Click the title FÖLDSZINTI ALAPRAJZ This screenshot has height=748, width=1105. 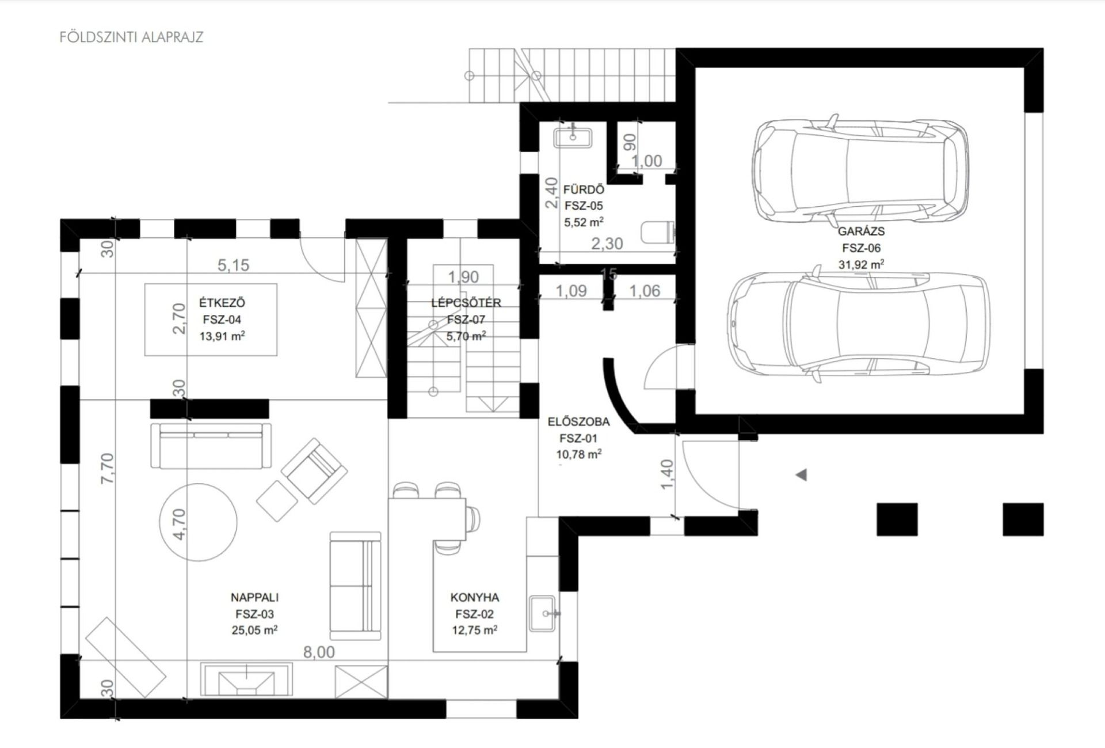click(x=131, y=37)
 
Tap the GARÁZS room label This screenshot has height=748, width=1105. click(x=861, y=231)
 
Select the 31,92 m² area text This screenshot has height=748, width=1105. click(x=861, y=264)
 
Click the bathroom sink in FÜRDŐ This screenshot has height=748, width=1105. click(x=573, y=138)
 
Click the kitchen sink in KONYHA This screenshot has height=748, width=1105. click(x=542, y=613)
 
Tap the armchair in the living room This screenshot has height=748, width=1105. click(x=314, y=470)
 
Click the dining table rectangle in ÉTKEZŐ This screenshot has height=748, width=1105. click(x=211, y=320)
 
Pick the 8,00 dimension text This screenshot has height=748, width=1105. click(x=319, y=652)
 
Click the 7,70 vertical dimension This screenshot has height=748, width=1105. click(x=108, y=468)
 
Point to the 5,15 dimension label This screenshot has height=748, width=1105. click(x=234, y=265)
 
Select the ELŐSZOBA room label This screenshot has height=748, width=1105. click(x=578, y=422)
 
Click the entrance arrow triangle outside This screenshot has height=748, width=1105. click(x=801, y=475)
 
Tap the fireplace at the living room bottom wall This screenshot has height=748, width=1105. click(x=246, y=679)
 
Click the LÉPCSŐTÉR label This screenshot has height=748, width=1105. click(x=466, y=303)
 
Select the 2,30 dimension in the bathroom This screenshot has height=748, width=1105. click(x=607, y=244)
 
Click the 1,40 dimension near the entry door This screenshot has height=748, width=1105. click(x=667, y=474)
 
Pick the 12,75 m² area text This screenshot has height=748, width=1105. click(x=474, y=630)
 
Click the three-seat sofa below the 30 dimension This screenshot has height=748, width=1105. click(x=211, y=445)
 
